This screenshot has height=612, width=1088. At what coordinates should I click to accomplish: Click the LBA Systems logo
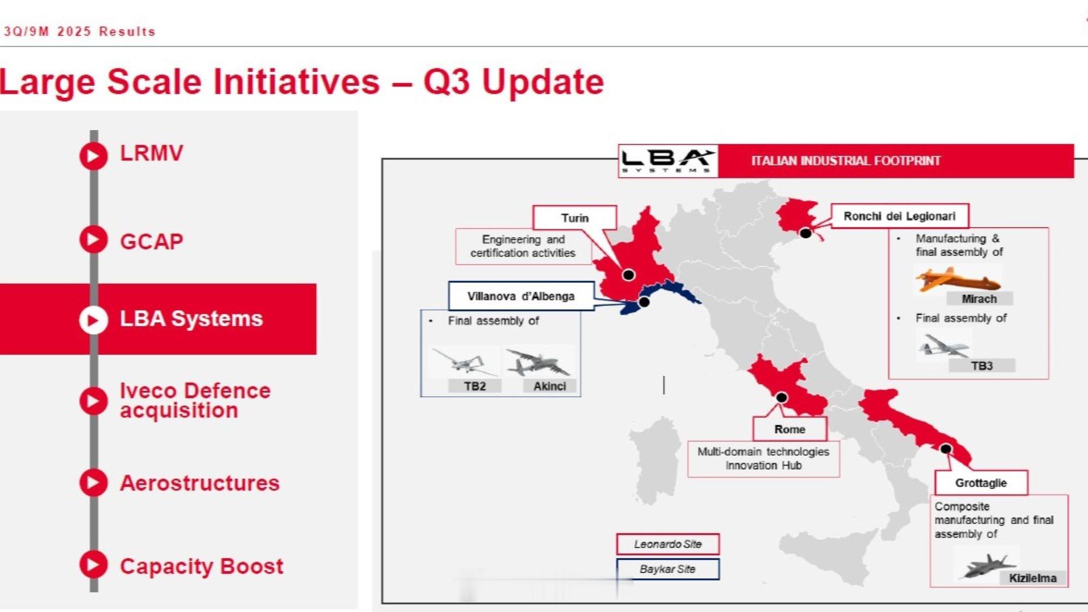(x=668, y=161)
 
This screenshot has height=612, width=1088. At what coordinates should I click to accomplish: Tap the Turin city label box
(x=574, y=218)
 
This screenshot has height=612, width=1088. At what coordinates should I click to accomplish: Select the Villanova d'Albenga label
(x=521, y=296)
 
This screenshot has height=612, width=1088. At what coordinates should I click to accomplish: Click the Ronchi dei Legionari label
(x=899, y=216)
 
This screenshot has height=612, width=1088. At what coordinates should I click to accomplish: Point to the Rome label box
(x=790, y=429)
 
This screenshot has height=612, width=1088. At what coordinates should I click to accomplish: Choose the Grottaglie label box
(x=981, y=483)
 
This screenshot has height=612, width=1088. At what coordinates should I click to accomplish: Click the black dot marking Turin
(x=629, y=274)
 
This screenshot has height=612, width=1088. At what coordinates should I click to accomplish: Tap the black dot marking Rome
(x=782, y=397)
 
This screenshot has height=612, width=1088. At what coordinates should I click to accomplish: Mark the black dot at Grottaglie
(x=946, y=449)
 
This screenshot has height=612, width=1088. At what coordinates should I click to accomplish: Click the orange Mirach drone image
(x=957, y=279)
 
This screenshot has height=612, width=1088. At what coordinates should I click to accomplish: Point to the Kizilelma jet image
(x=986, y=565)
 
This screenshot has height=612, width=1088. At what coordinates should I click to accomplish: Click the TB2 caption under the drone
(x=474, y=386)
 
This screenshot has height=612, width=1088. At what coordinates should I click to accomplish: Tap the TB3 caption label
(x=982, y=366)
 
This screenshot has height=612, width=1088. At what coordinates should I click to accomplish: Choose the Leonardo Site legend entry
(x=668, y=544)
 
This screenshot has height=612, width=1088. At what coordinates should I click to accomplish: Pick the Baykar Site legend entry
(x=668, y=569)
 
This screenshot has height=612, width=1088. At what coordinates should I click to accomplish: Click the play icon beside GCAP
(x=94, y=240)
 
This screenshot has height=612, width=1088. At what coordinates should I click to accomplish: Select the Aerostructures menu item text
(x=200, y=483)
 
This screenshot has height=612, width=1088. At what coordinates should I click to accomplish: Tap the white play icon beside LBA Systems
(x=94, y=320)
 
